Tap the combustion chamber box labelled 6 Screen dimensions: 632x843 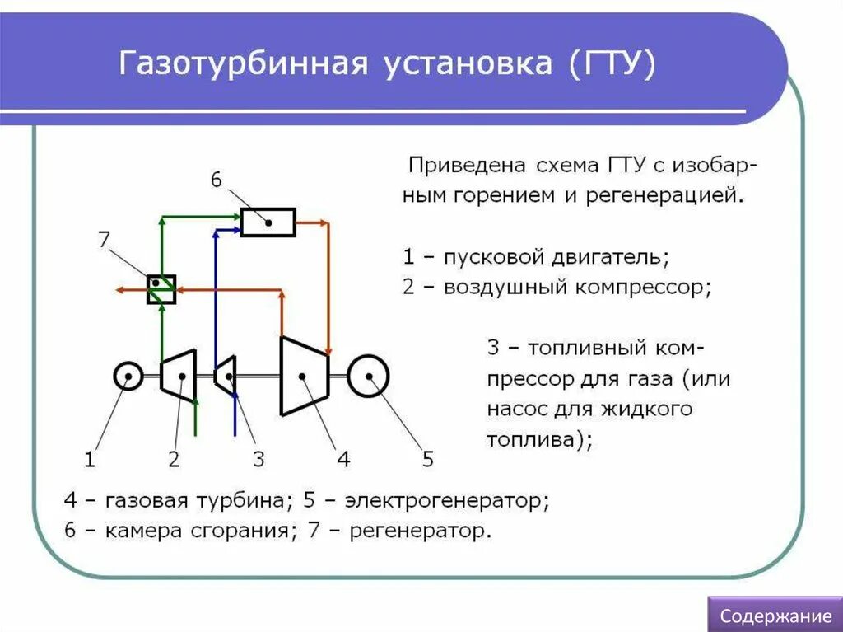(268, 222)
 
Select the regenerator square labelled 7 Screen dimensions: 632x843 (161, 289)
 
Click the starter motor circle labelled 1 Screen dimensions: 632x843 (128, 377)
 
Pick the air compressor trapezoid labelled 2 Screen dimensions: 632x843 (179, 376)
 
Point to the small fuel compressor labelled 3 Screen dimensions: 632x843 (226, 377)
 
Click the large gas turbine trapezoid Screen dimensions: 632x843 (304, 376)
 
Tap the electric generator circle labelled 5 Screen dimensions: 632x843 (368, 377)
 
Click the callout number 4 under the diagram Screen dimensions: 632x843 (343, 460)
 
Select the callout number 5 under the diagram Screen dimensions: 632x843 (427, 459)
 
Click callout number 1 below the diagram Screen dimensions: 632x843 (90, 460)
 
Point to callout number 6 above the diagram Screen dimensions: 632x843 (216, 180)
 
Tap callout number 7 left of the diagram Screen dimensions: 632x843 (104, 240)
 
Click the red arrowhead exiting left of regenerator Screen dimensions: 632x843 (120, 289)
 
